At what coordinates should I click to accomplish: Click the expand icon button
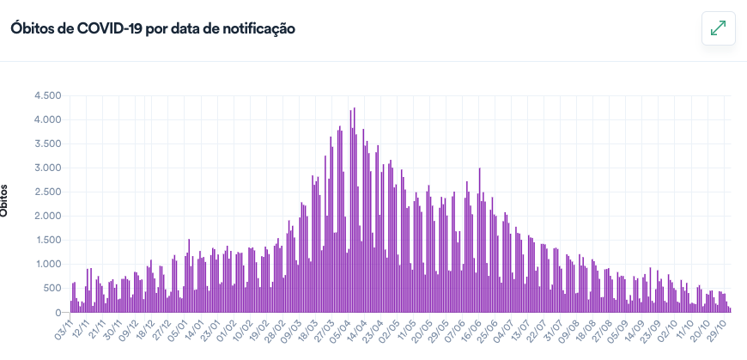tap(718, 28)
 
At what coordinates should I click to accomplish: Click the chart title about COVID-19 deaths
tap(153, 28)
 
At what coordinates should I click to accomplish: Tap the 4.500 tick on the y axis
tap(47, 95)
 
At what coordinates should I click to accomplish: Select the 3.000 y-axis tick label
tap(47, 168)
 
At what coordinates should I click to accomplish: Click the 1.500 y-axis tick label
tap(47, 241)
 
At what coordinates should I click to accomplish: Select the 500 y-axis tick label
tap(52, 289)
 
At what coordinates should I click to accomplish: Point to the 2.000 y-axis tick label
tap(47, 216)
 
